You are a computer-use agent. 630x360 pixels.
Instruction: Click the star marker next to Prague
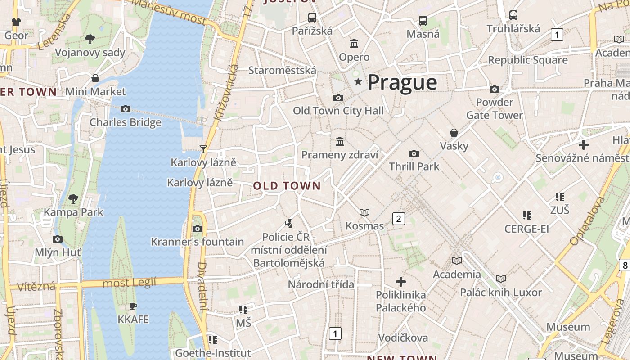coord(358,82)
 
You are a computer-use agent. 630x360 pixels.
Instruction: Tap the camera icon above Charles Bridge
coord(126,109)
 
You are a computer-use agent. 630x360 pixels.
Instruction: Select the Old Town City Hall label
coord(338,111)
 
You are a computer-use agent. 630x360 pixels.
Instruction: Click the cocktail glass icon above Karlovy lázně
coord(203,149)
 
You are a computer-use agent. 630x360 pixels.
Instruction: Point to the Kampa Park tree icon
coord(73,198)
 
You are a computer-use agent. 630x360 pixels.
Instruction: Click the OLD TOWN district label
coord(287,186)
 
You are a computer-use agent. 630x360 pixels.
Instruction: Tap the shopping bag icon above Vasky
coord(454,133)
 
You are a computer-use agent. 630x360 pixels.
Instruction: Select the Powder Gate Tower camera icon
coord(494,89)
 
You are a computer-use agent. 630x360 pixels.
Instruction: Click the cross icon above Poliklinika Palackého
coord(400,282)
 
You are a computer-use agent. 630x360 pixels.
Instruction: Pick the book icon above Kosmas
coord(364,212)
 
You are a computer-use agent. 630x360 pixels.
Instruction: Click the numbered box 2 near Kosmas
coord(398,219)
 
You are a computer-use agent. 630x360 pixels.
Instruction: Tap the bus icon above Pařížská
coord(312,18)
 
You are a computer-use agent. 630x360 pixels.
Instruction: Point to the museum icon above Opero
coord(354,44)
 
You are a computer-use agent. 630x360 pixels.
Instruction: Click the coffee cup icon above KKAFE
coord(133,306)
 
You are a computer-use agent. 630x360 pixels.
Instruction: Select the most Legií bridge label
coord(129,283)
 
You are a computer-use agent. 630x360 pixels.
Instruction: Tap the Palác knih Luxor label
coord(500,292)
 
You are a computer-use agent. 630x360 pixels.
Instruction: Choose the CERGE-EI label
coord(526,229)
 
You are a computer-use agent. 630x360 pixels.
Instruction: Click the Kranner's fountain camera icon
coord(197,229)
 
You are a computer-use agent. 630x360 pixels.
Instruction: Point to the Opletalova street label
coord(587,221)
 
